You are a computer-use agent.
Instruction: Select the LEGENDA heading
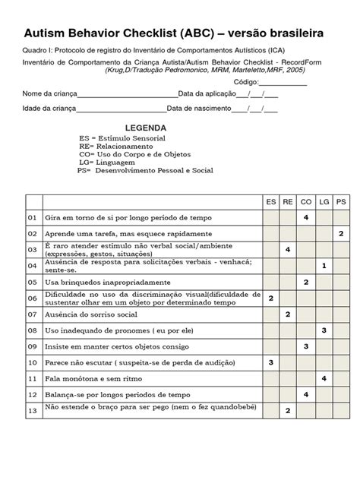point(147,128)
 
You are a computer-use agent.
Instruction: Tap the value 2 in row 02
point(341,233)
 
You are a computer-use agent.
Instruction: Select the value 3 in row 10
point(271,362)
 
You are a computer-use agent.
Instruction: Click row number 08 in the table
point(33,330)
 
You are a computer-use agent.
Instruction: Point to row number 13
point(33,410)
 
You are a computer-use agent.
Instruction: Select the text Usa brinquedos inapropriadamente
point(96,282)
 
